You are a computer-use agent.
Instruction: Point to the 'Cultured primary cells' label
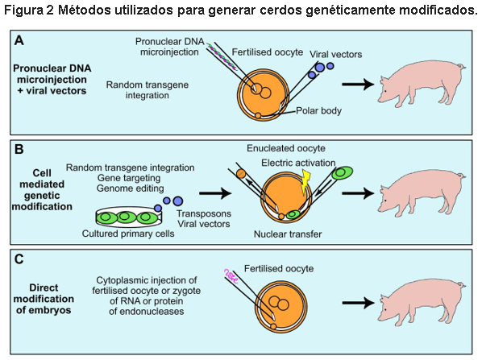(x=128, y=234)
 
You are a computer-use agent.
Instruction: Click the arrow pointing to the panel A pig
(x=364, y=84)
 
